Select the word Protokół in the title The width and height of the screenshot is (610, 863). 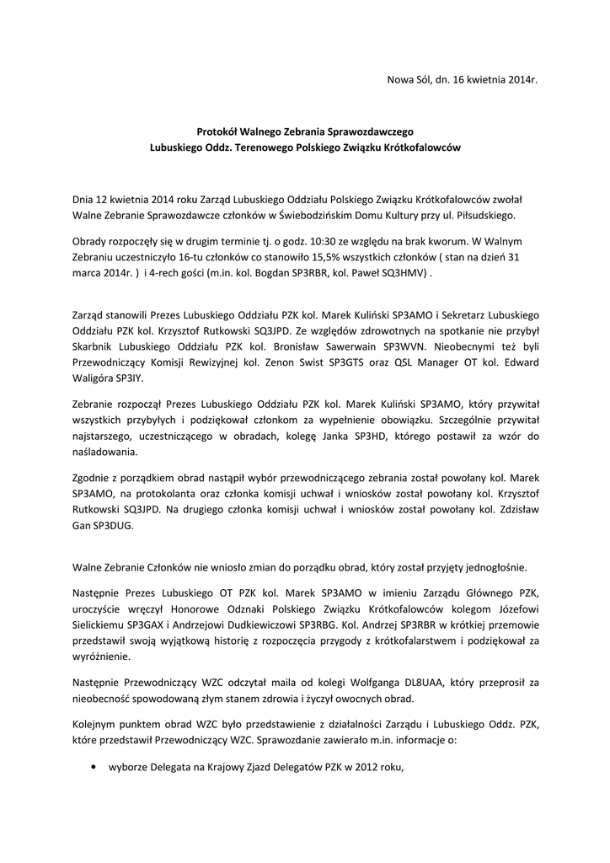(x=217, y=131)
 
